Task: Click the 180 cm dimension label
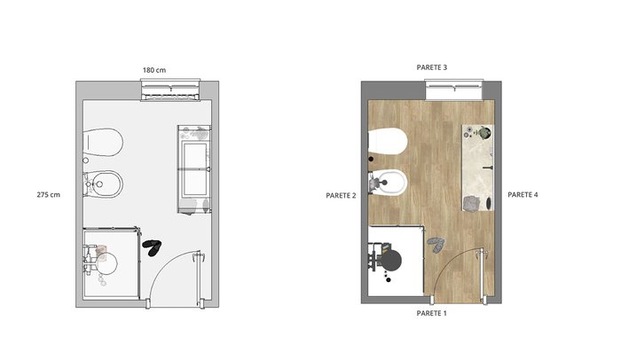[154, 70]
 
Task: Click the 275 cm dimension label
[48, 194]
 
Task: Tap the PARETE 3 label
[432, 67]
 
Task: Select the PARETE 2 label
[341, 195]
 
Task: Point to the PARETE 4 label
[523, 194]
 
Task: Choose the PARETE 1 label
[431, 313]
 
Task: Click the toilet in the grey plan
[103, 141]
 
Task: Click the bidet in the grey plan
[103, 184]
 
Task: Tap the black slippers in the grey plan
[152, 247]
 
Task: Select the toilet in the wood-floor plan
[388, 141]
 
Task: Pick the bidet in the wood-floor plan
[388, 183]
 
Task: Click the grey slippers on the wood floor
[436, 245]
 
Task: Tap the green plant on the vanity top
[483, 133]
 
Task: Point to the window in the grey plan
[170, 90]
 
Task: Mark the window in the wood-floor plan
[454, 90]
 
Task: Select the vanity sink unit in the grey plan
[194, 169]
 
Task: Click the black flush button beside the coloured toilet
[371, 160]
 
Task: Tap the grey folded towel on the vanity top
[471, 204]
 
